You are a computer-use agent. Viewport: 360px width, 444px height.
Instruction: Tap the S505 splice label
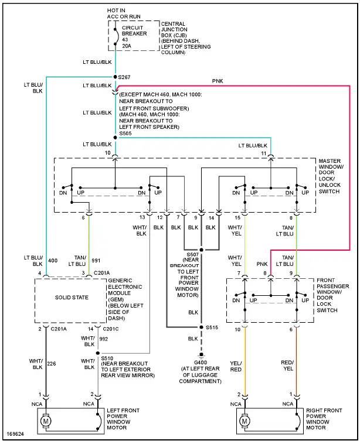126,133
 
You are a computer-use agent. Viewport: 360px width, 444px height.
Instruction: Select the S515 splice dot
201,327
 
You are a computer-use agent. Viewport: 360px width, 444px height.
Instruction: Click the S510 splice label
108,357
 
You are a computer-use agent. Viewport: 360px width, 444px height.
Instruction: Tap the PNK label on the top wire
218,81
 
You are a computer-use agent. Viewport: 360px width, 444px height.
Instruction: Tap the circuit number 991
96,261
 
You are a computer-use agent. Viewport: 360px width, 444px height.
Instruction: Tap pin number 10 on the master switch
107,153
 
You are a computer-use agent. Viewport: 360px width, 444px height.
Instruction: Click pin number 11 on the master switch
263,153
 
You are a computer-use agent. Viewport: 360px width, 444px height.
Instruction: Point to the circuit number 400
53,261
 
